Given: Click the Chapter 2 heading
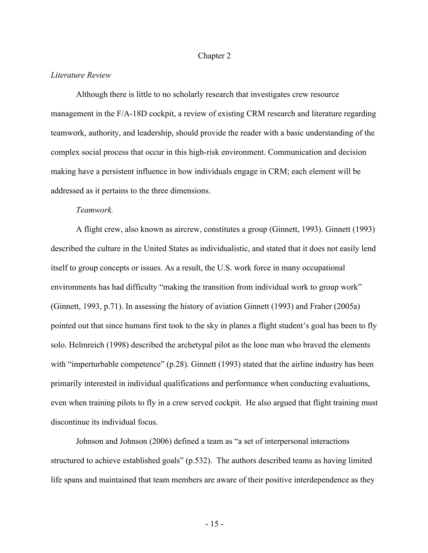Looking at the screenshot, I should (214, 56).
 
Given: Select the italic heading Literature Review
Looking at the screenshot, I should (81, 75).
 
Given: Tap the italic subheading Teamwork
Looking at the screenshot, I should (94, 210).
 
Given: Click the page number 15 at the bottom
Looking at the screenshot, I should (214, 524).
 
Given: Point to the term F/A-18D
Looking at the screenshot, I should (132, 114).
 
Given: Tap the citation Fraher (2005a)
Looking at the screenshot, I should (335, 307).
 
